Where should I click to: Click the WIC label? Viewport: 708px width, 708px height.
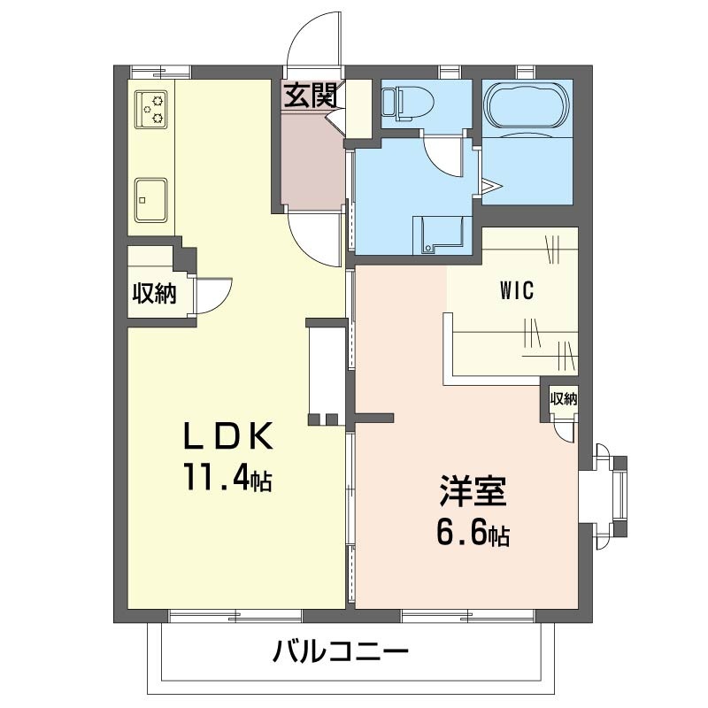click(x=518, y=290)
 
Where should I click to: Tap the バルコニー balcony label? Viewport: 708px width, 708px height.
click(x=341, y=655)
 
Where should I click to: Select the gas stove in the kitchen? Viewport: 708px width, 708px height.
click(x=150, y=109)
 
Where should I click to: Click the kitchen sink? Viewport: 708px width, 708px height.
click(x=151, y=198)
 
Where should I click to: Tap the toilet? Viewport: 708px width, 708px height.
click(x=404, y=103)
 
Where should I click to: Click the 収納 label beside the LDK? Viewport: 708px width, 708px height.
click(x=154, y=293)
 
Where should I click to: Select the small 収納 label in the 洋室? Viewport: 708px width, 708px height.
click(x=563, y=399)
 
